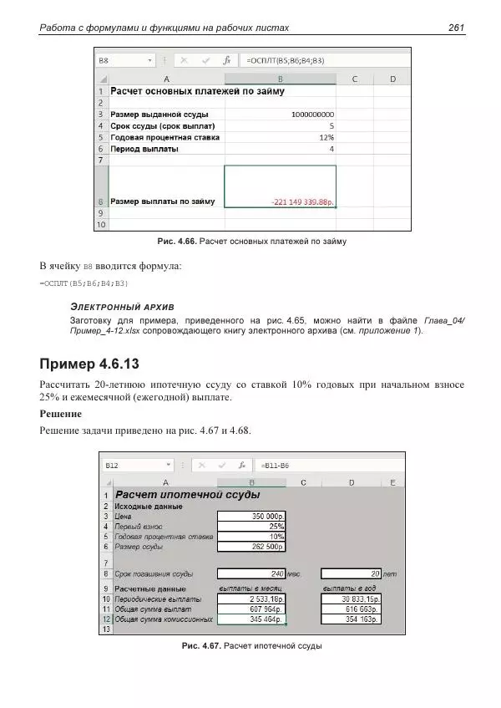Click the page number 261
click(x=456, y=28)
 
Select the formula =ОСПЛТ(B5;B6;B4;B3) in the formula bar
click(x=285, y=61)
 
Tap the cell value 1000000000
click(x=313, y=115)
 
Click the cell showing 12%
click(x=326, y=137)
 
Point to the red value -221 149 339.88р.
click(x=301, y=201)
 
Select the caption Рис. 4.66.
click(x=175, y=242)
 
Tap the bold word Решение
click(x=60, y=414)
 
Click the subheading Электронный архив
click(x=122, y=307)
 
